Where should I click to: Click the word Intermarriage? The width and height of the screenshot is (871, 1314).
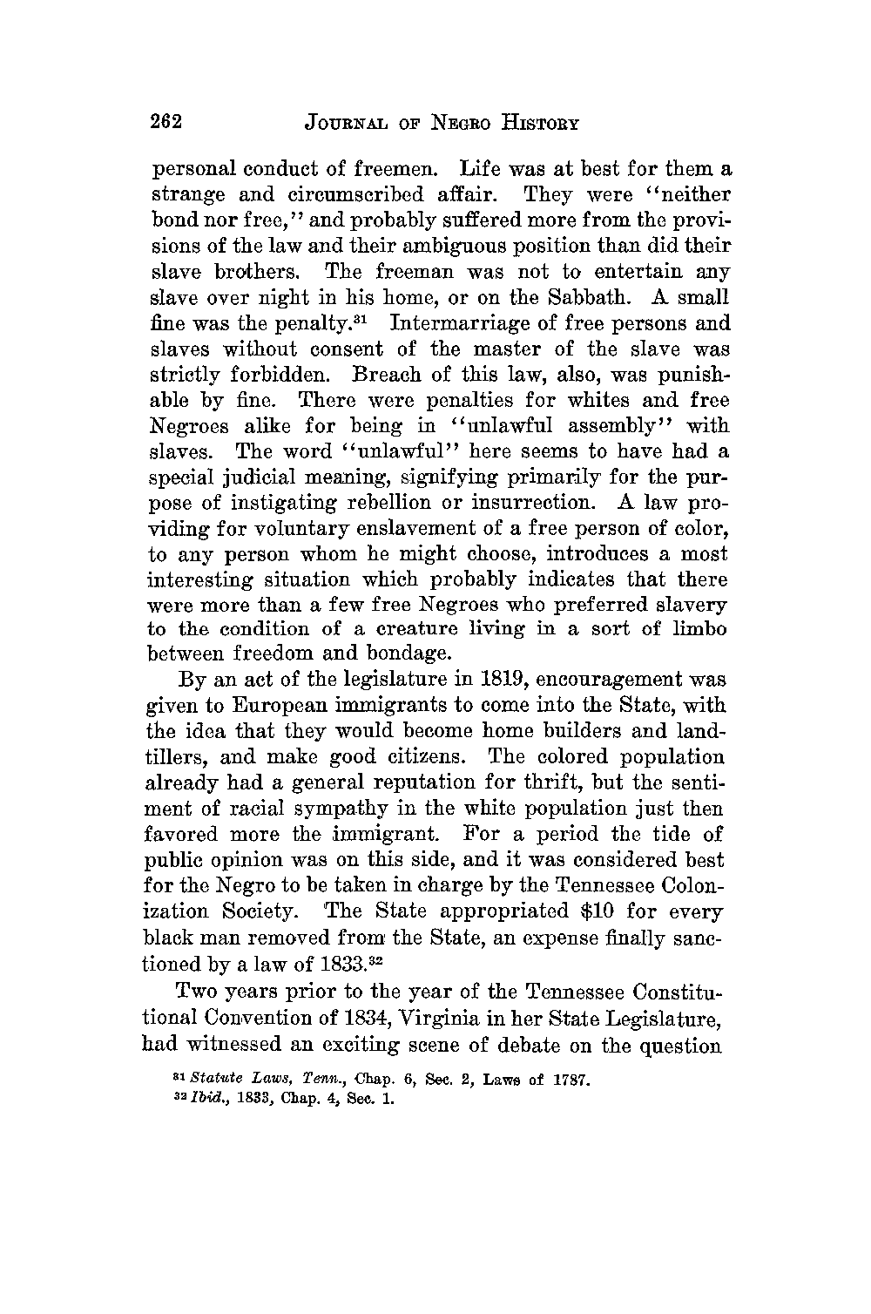(459, 324)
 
